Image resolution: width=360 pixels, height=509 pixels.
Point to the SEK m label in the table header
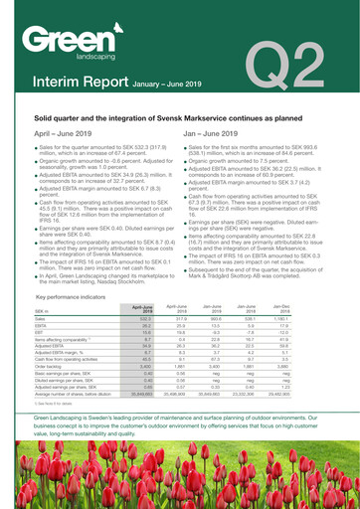(x=46, y=282)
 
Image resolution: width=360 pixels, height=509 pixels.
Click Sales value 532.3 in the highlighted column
(x=146, y=290)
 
